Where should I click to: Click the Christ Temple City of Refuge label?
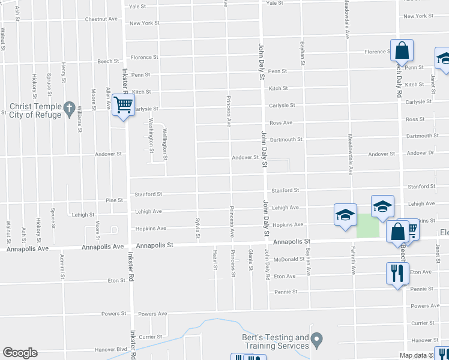35,111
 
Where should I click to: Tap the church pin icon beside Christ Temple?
69,109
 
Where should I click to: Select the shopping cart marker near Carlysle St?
123,106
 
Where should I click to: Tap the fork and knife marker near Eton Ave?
397,274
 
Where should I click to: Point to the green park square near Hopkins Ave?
368,226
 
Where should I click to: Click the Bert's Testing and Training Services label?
276,342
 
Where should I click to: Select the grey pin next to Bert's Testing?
318,341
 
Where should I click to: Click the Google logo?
20,353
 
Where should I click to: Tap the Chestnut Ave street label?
101,19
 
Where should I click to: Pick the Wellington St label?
164,145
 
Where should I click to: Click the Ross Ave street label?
280,123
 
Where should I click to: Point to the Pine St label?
113,200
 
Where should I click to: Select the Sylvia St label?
197,228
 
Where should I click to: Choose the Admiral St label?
61,268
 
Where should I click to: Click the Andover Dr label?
420,153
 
